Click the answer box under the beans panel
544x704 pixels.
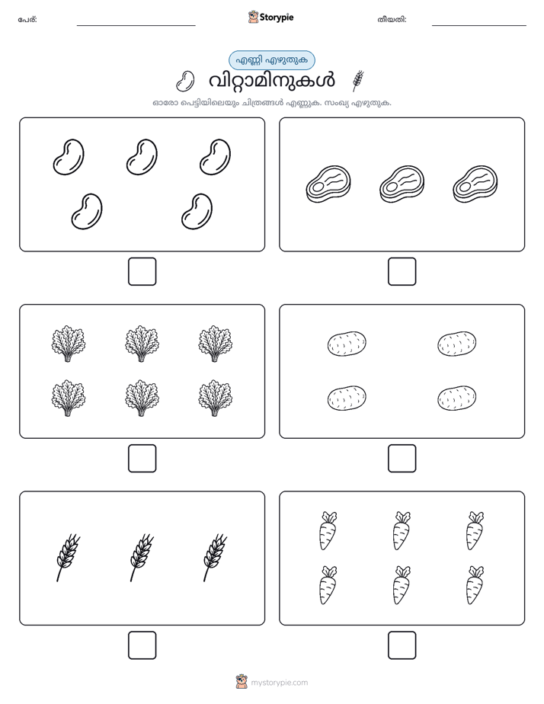[x=142, y=271]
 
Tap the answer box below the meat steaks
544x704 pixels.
[x=402, y=271]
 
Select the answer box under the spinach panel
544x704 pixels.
[x=142, y=458]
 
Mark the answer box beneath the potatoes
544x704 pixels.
[x=402, y=458]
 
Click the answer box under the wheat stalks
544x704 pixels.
[x=142, y=645]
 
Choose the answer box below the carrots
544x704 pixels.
[x=402, y=645]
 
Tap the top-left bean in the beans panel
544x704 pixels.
[x=69, y=157]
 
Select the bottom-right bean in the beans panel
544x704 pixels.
[x=197, y=211]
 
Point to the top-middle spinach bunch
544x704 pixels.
[x=142, y=344]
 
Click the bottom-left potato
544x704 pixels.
[x=347, y=398]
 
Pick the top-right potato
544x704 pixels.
[x=457, y=344]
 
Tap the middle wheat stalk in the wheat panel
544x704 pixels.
[x=142, y=557]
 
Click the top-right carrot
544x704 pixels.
[x=475, y=530]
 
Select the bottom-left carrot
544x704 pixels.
[x=328, y=584]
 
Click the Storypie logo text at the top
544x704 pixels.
[x=277, y=18]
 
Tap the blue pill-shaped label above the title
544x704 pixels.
[x=271, y=60]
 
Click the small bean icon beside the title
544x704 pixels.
[x=184, y=81]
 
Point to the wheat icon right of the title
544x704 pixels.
[x=358, y=81]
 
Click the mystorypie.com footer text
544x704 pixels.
[x=279, y=683]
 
